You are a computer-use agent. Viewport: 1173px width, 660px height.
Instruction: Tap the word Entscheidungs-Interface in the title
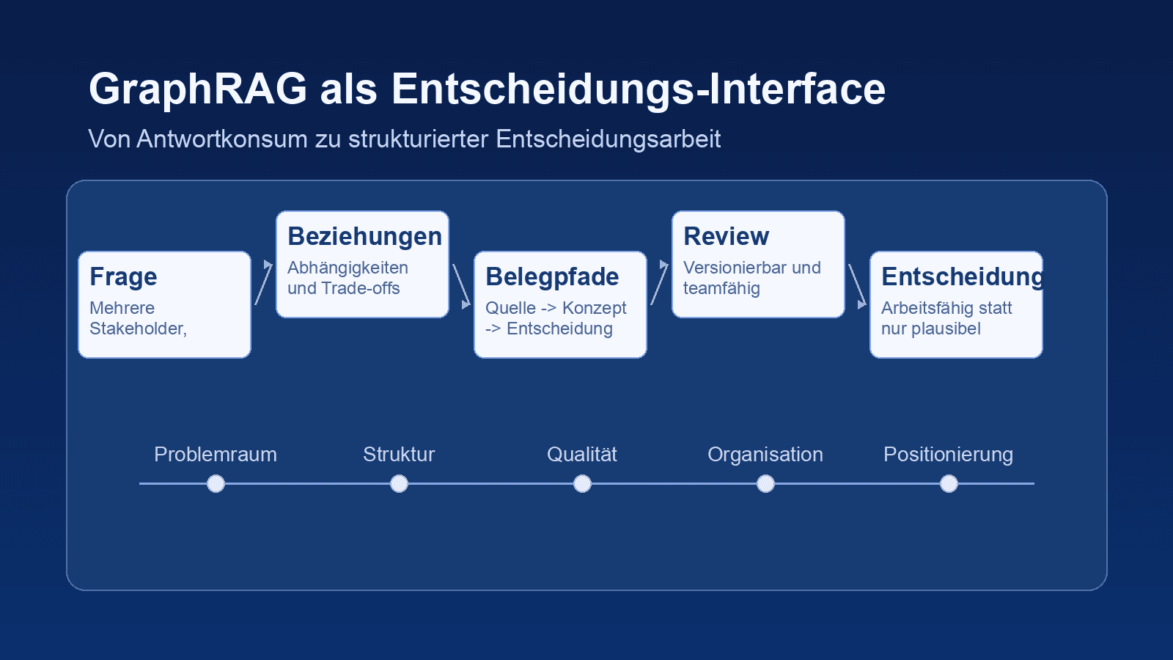click(638, 89)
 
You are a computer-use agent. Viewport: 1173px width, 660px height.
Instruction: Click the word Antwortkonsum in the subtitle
click(221, 139)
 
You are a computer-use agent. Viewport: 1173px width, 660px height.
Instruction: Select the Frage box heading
click(123, 276)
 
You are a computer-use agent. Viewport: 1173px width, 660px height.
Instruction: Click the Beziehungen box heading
click(364, 236)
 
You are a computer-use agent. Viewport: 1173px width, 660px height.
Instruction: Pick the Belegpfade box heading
click(552, 276)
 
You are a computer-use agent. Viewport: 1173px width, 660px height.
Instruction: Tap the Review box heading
click(726, 236)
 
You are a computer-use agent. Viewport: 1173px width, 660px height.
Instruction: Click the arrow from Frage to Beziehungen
click(263, 283)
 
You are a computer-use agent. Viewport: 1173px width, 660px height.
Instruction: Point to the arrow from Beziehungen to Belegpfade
click(461, 286)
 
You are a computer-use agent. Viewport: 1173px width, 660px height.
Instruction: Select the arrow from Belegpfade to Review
click(659, 283)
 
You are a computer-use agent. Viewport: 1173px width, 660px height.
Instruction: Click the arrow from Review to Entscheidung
click(857, 286)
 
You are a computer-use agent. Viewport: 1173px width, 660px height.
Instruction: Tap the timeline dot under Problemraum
click(216, 484)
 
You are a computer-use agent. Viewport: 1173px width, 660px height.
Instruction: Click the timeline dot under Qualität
click(582, 484)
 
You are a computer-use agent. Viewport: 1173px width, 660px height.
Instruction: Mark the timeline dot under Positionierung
click(949, 484)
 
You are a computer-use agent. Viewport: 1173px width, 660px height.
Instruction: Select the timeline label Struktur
click(399, 455)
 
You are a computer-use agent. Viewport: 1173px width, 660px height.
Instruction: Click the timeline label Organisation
click(765, 455)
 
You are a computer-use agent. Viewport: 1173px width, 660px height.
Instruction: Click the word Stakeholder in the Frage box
click(136, 329)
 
